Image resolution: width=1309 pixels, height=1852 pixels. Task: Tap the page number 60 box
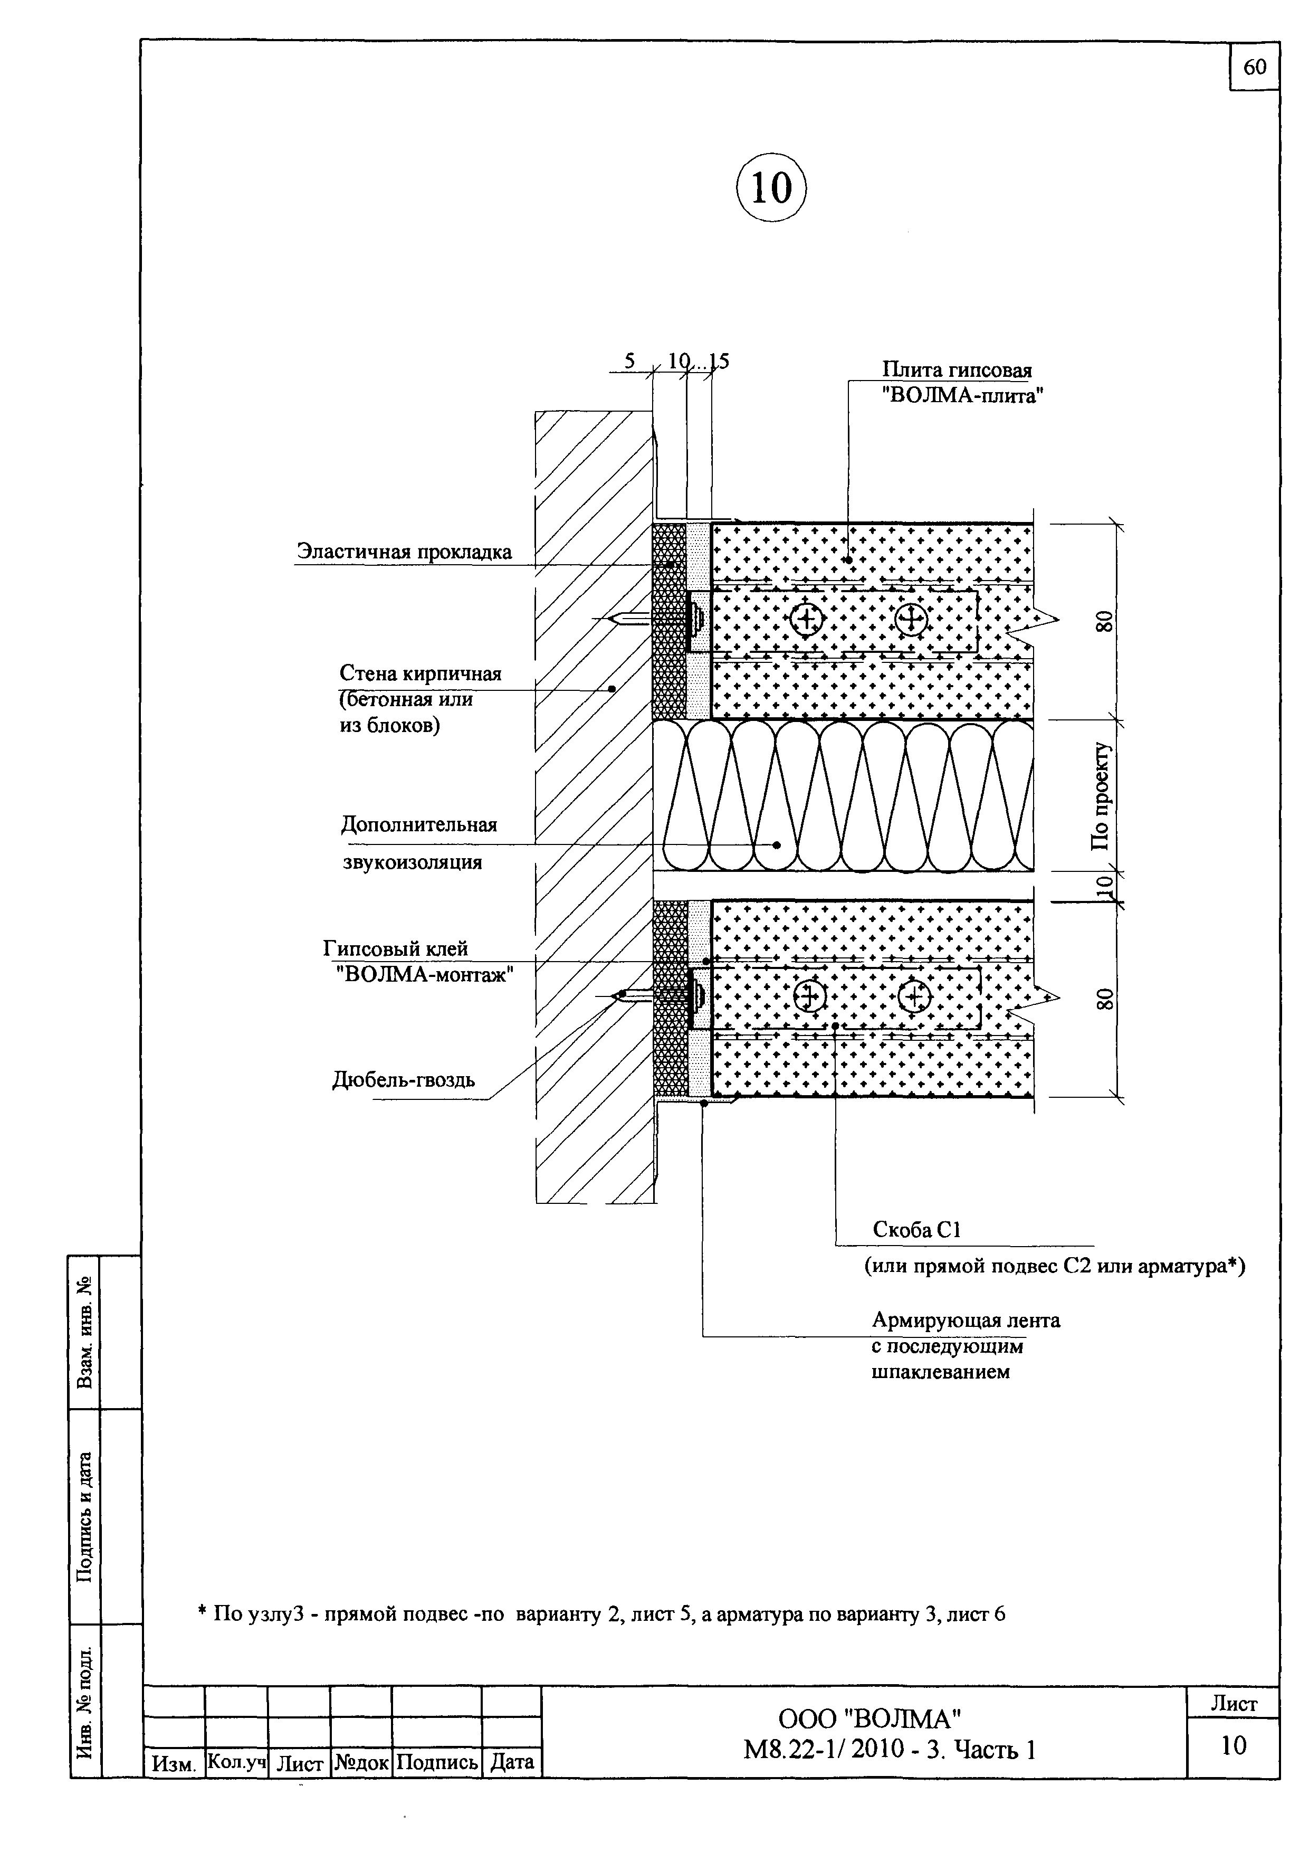coord(1254,67)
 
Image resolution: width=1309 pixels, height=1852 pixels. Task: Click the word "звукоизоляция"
coord(412,862)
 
